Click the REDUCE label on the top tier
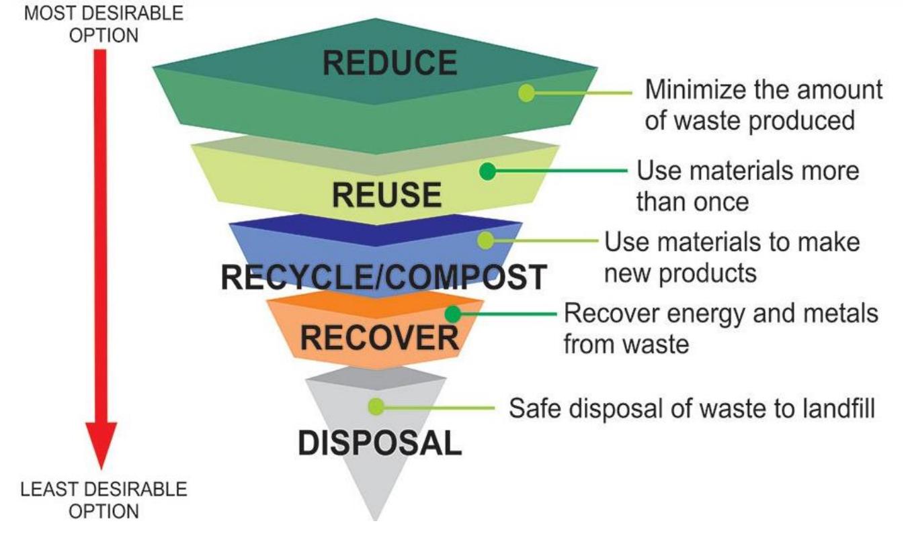389,63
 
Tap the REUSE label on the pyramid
387,195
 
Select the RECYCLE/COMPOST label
382,277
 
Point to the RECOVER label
380,338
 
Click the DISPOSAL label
380,443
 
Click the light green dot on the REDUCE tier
527,93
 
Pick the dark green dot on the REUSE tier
488,171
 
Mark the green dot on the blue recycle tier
485,240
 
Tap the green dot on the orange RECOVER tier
454,313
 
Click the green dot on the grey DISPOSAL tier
376,406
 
